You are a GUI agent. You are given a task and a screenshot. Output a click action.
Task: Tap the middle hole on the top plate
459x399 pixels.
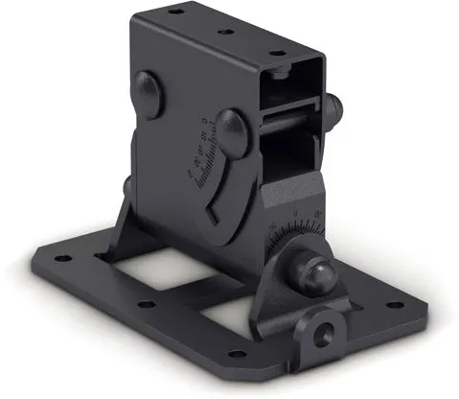[227, 32]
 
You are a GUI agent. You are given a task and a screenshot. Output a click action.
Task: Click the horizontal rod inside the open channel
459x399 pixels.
[287, 121]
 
